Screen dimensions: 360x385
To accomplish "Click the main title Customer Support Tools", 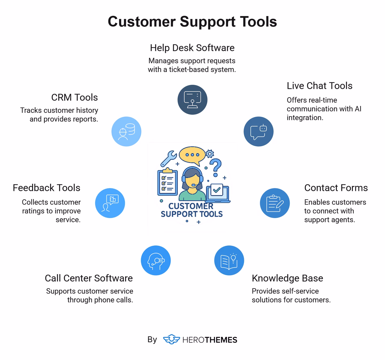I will [192, 21].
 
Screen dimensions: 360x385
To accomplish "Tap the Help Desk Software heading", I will [192, 48].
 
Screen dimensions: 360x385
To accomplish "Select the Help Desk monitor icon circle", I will [193, 99].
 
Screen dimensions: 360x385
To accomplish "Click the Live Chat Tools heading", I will [320, 86].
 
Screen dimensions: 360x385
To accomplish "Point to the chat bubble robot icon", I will [259, 132].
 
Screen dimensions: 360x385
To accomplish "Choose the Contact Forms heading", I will [336, 188].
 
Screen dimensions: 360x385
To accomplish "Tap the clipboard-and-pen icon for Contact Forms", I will [275, 203].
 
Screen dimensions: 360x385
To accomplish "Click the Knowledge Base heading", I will [287, 278].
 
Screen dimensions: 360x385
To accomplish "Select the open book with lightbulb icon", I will [229, 260].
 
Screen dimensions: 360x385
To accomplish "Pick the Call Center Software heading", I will [89, 278].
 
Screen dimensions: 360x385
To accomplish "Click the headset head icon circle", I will [156, 260].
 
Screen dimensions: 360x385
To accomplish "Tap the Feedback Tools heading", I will [47, 188].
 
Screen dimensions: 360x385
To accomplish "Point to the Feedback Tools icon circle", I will [110, 203].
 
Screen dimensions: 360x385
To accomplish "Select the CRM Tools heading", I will [74, 97].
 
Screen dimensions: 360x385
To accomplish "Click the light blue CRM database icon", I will [126, 132].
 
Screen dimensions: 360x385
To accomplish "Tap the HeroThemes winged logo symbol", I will [171, 339].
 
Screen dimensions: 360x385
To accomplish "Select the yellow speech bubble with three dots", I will [192, 155].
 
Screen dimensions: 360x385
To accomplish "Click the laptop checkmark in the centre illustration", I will [217, 190].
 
